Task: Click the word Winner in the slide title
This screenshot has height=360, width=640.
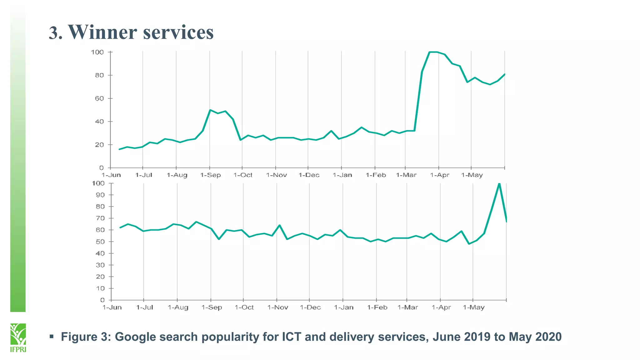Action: (x=102, y=32)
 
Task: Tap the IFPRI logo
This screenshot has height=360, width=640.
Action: (x=18, y=337)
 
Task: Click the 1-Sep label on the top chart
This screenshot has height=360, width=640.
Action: (x=210, y=175)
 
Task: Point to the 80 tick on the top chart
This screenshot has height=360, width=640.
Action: (x=99, y=75)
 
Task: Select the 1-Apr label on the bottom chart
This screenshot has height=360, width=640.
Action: (x=441, y=307)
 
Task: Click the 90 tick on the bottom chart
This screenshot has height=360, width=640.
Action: (x=100, y=195)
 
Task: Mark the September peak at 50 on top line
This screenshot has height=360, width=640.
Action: (x=210, y=110)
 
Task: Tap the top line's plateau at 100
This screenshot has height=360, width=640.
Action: (x=433, y=52)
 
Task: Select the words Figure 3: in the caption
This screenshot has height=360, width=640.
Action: (x=86, y=337)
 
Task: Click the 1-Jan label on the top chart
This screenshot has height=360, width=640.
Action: (x=342, y=175)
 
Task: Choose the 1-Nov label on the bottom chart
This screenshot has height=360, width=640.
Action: (x=277, y=307)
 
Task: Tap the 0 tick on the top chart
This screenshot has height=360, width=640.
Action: (x=101, y=168)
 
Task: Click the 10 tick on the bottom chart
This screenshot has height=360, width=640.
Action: (x=100, y=288)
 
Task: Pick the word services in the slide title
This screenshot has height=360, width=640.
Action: (x=178, y=32)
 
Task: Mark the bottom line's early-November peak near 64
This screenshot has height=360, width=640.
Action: (x=279, y=225)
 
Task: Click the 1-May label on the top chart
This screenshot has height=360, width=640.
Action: (x=472, y=175)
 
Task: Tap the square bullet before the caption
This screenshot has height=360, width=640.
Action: (x=52, y=337)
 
